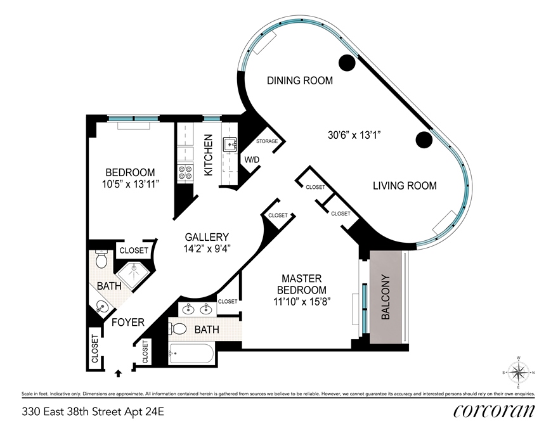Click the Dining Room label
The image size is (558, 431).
tap(300, 80)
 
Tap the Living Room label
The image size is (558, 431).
tap(405, 186)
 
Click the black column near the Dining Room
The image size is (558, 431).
tap(347, 63)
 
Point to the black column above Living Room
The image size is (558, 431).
tap(424, 139)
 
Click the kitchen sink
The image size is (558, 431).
tap(231, 145)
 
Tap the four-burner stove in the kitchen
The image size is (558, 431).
tap(185, 172)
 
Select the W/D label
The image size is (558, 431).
tap(252, 160)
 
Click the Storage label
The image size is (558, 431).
tap(267, 141)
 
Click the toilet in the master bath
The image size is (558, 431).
tap(179, 328)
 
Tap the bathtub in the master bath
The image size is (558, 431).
tap(191, 354)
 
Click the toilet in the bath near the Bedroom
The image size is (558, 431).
tap(101, 259)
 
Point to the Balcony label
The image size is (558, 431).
tap(386, 297)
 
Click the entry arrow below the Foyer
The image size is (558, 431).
tap(119, 373)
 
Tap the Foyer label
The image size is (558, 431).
tap(128, 323)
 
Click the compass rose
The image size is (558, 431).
tap(519, 372)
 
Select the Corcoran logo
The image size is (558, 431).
tap(493, 411)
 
